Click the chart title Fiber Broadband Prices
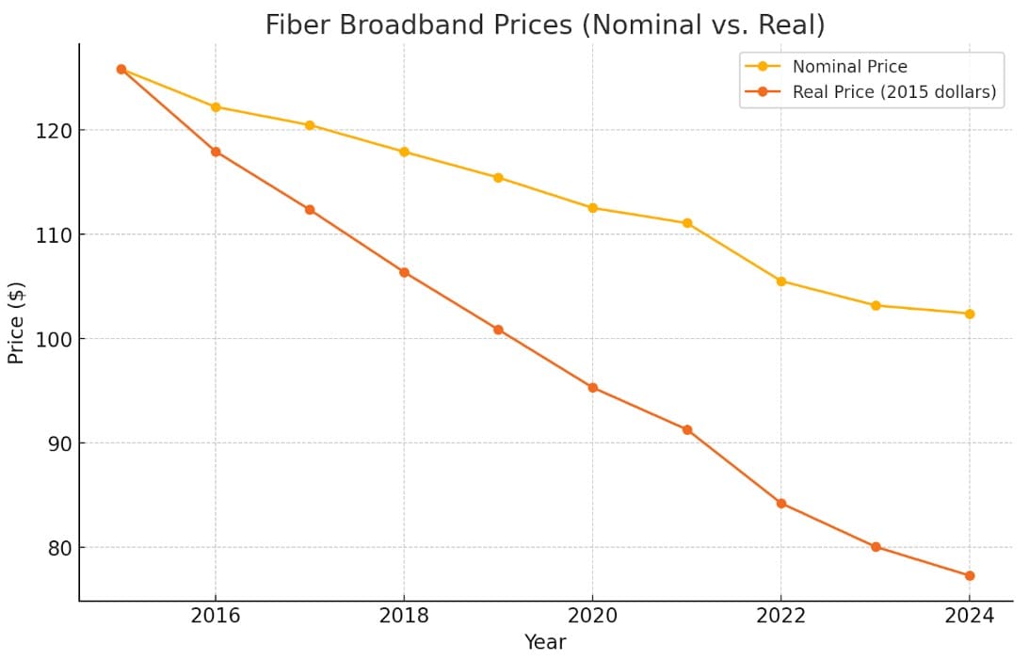tap(544, 25)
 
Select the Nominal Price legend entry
tap(849, 67)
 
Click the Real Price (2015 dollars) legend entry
tap(893, 92)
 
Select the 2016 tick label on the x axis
tap(216, 616)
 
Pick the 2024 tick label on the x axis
tap(970, 616)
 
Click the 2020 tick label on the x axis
tap(592, 616)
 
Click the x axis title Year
tap(545, 643)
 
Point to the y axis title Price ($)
tap(16, 322)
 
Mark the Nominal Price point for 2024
tap(970, 314)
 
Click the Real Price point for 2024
tap(970, 575)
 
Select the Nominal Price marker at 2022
tap(781, 281)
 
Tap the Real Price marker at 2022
tap(781, 504)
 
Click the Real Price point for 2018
tap(404, 272)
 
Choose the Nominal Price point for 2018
tap(404, 152)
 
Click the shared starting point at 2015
tap(121, 69)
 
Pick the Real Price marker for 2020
tap(592, 387)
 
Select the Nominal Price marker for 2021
tap(687, 223)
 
